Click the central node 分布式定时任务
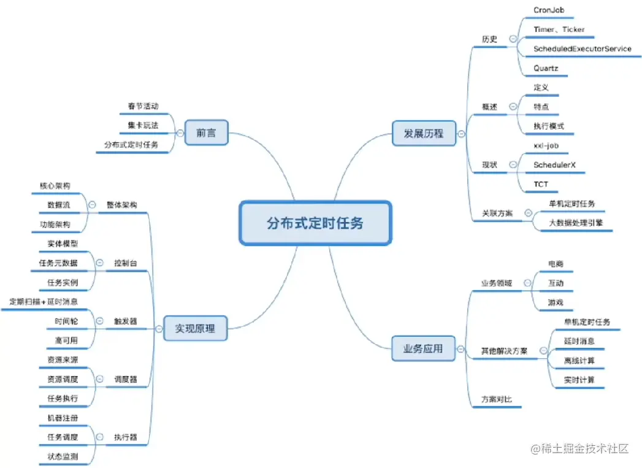tap(315, 223)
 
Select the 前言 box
tap(206, 132)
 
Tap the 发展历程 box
tap(423, 133)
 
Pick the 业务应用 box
tap(423, 349)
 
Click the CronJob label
tap(549, 10)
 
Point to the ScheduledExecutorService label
tap(582, 48)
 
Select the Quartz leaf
tap(546, 68)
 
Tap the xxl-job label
tap(546, 145)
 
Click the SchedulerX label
tap(554, 165)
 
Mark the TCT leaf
tap(541, 184)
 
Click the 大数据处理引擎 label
tap(576, 223)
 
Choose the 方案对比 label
tap(496, 399)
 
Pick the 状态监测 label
tap(63, 456)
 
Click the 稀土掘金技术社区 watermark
tap(580, 448)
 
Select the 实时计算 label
tap(579, 380)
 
